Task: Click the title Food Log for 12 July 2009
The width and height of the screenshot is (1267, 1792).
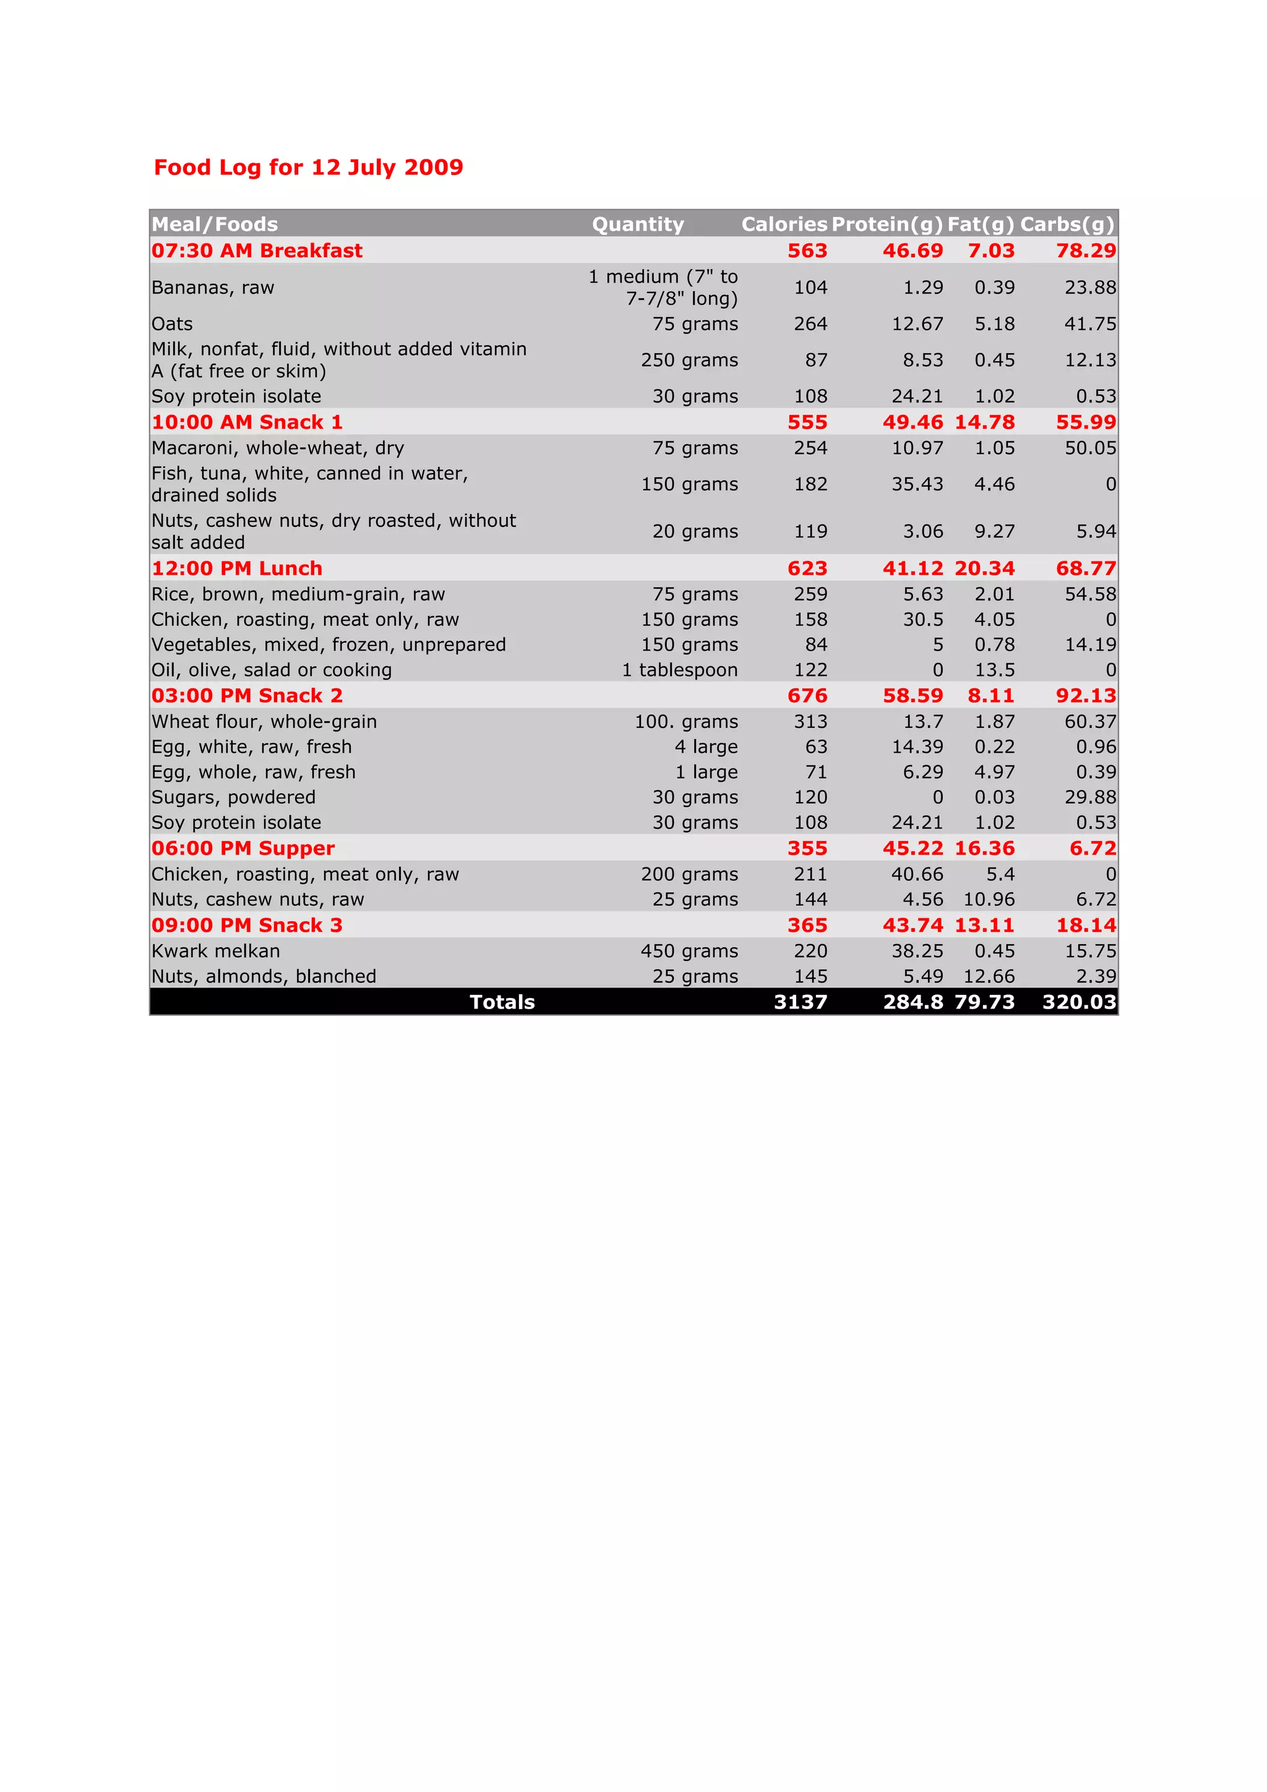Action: point(308,167)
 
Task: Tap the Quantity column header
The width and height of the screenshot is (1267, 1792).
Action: point(638,225)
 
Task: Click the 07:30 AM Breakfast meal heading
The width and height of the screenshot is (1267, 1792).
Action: point(257,250)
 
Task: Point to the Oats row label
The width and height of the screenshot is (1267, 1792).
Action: point(172,324)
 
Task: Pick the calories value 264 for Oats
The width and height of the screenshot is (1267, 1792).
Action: point(810,324)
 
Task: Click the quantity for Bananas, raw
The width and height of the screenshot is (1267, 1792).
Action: point(664,287)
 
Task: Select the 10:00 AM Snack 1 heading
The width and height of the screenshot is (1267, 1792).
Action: point(247,422)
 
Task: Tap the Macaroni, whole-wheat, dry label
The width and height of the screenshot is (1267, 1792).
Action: point(277,448)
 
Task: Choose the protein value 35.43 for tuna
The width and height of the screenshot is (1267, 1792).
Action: point(917,484)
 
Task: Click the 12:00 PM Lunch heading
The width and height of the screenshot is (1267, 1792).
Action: point(236,568)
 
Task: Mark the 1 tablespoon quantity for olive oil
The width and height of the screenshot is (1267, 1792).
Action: point(679,670)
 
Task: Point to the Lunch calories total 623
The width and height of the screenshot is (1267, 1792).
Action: point(807,568)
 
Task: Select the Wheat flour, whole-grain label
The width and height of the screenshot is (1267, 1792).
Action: point(264,721)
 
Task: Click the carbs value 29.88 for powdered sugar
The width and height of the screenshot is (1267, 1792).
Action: point(1090,797)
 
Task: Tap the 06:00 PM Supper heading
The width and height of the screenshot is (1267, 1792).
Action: point(243,848)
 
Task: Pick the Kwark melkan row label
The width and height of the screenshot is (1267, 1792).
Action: point(215,950)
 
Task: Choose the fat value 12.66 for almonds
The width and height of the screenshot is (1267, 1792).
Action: point(989,976)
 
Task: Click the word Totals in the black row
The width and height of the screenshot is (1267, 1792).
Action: point(502,1002)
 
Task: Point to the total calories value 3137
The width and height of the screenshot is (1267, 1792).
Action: point(800,1002)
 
